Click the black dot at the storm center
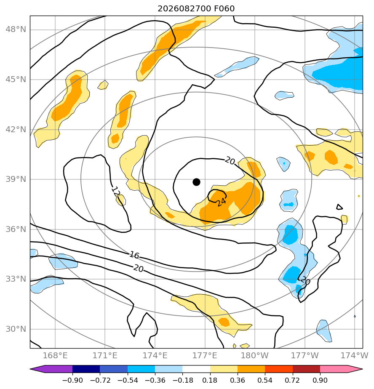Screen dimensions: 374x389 196,182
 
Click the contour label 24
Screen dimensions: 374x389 221,202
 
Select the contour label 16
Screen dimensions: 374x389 134,255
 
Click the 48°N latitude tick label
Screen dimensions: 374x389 16,29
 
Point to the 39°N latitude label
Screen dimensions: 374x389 16,179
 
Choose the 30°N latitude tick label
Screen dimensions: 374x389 16,329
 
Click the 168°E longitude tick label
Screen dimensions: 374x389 55,355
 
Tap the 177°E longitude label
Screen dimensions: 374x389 205,355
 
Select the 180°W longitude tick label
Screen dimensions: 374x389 255,355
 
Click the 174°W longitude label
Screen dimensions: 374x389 354,355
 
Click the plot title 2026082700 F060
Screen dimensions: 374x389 196,9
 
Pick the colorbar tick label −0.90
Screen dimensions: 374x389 72,380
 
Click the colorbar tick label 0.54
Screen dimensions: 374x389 265,380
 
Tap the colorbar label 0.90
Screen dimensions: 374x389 320,380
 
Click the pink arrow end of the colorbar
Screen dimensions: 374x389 341,369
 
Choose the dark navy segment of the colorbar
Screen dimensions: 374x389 86,369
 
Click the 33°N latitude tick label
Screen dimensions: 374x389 16,279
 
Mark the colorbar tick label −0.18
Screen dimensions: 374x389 182,380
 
